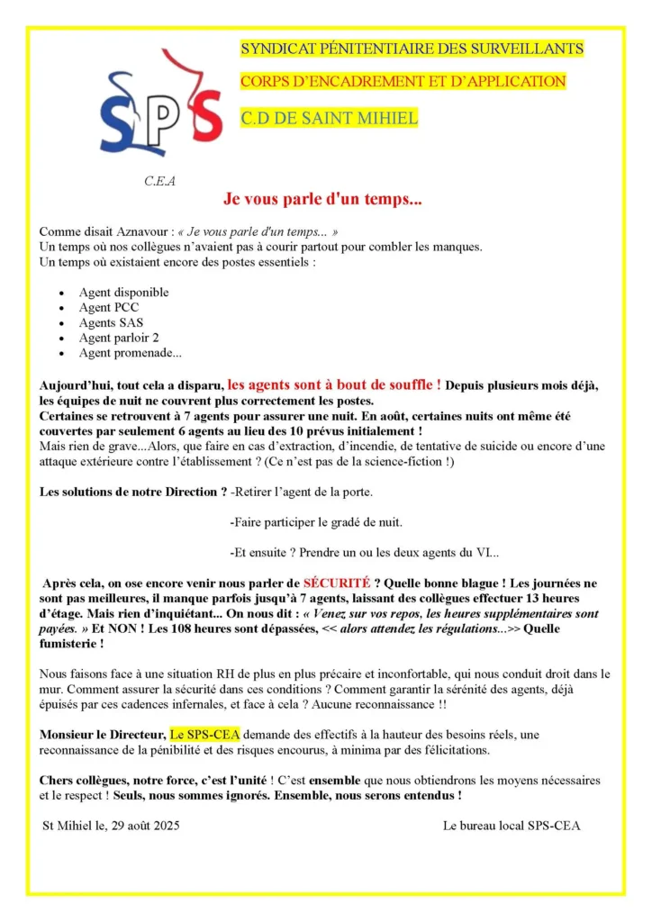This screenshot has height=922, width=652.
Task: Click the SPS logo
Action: point(159,105)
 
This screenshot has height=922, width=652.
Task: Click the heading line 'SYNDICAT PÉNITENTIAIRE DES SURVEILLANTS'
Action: point(412,49)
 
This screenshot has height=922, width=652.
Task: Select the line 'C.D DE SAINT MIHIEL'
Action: point(329,118)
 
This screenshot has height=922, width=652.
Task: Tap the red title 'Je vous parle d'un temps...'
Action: point(322,200)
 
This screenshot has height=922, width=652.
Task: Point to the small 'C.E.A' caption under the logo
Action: point(160,181)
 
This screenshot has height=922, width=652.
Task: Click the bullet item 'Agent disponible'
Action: point(123,293)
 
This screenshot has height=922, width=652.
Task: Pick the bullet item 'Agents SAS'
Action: point(111,322)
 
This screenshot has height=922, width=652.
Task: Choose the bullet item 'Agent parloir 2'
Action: point(118,338)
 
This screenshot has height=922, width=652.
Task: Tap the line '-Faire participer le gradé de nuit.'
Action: point(316,522)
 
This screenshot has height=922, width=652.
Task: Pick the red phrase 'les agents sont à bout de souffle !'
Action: point(334,384)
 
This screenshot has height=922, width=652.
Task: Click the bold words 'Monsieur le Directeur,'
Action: point(103,735)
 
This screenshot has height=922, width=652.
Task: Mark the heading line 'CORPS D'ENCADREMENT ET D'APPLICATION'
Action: point(403,82)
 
